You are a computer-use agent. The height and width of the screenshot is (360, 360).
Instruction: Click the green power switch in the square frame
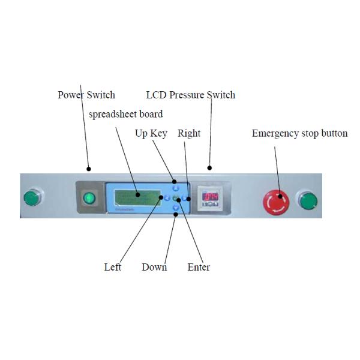[89, 197]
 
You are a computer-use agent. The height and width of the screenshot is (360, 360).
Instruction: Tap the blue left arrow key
[167, 198]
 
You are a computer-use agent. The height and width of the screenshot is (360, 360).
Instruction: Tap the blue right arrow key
[184, 198]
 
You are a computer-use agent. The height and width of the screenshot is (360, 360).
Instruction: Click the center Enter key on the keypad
[176, 198]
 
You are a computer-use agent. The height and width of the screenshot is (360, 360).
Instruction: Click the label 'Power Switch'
[86, 95]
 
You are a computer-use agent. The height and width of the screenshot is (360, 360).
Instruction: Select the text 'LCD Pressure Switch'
[191, 95]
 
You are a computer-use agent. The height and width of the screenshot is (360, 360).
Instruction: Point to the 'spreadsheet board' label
[125, 114]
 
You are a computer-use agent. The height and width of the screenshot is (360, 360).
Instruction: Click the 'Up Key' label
[151, 133]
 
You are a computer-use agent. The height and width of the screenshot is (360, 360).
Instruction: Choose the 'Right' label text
[189, 133]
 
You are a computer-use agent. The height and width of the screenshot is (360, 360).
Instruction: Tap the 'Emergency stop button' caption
[299, 133]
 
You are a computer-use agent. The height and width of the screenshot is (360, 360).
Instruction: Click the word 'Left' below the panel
[113, 267]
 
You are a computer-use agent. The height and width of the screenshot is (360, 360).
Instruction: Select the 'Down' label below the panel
[154, 267]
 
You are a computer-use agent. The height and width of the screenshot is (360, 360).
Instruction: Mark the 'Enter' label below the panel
[199, 267]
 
